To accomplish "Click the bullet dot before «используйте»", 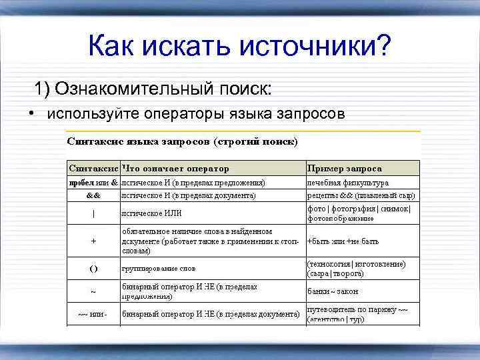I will [x=32, y=113].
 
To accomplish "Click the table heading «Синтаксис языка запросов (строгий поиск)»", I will [x=181, y=142].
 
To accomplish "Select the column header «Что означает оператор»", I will [x=175, y=168].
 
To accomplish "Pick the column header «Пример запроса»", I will [x=335, y=168].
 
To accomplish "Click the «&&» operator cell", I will [x=93, y=196].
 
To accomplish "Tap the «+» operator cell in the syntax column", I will [x=93, y=241].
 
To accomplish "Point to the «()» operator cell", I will [x=93, y=269].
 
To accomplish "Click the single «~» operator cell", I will [x=93, y=291].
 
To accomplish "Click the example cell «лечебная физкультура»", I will [x=347, y=182].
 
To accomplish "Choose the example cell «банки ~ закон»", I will [x=333, y=291].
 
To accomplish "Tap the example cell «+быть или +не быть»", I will [x=343, y=241].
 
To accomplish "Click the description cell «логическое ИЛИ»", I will [x=151, y=213].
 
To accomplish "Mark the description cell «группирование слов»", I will [x=158, y=269].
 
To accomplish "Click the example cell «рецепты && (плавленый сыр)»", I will [x=361, y=196].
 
